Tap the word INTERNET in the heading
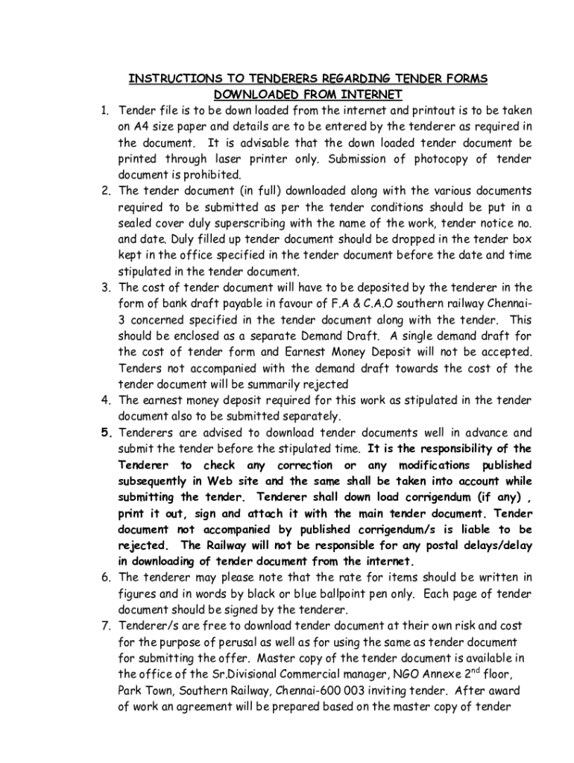point(371,94)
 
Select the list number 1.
point(106,110)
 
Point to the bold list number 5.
point(106,432)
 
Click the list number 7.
point(106,625)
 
